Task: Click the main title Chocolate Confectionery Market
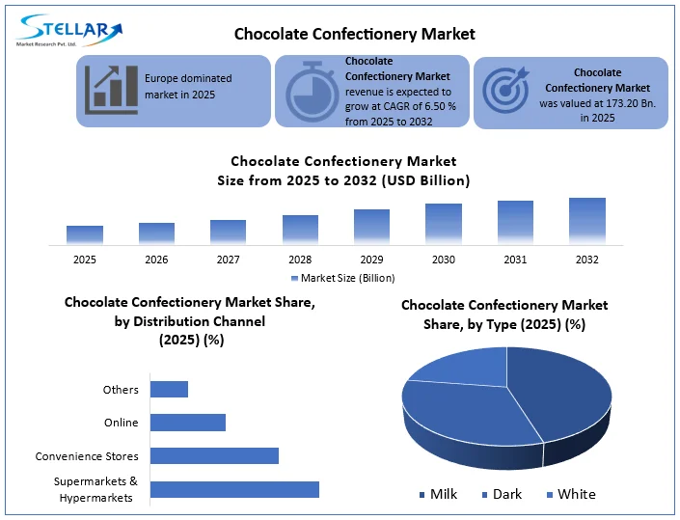[x=355, y=34]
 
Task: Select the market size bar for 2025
[x=85, y=234]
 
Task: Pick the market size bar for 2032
[x=586, y=220]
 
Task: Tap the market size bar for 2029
[x=371, y=226]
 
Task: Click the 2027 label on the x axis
[x=228, y=260]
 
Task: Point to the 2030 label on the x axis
[x=444, y=260]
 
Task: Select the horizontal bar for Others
[x=169, y=389]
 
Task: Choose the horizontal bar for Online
[x=187, y=423]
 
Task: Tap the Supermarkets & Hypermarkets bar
[x=234, y=489]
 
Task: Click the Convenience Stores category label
[x=87, y=456]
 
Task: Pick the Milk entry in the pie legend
[x=438, y=494]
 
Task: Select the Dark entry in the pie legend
[x=501, y=494]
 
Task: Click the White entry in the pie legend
[x=570, y=494]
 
